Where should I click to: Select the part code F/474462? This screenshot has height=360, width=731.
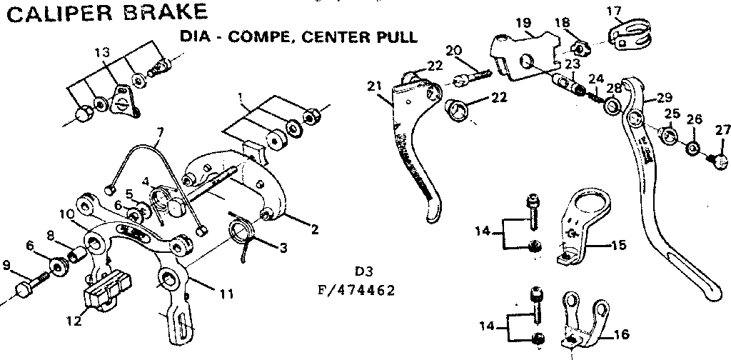(x=356, y=291)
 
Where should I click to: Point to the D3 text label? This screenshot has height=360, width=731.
(x=364, y=272)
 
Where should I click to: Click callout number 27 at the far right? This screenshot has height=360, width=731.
(x=722, y=129)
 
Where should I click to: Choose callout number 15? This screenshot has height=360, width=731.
(x=617, y=245)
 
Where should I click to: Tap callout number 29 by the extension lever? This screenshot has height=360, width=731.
(x=665, y=97)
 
